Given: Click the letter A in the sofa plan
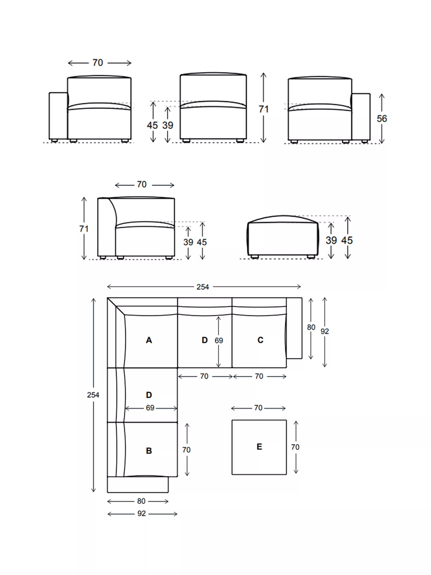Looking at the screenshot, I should click(x=149, y=340).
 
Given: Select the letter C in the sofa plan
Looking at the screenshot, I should click(x=260, y=340).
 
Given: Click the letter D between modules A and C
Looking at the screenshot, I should click(x=205, y=340).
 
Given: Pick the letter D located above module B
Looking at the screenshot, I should click(x=149, y=395).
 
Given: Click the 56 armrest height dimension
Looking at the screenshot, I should click(x=382, y=119).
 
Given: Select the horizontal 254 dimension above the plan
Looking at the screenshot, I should click(x=203, y=287).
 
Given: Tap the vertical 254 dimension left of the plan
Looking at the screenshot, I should click(x=93, y=395).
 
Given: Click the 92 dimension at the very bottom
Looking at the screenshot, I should click(x=142, y=514).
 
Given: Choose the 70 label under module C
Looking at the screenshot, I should click(x=259, y=376).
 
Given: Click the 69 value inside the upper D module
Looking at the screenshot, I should click(x=219, y=341).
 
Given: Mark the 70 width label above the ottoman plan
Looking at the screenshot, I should click(x=258, y=408).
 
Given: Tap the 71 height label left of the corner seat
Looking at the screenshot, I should click(x=84, y=229).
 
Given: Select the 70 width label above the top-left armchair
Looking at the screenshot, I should click(x=98, y=63).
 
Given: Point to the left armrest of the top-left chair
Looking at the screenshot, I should click(x=58, y=116).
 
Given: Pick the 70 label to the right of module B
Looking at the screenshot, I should click(x=186, y=450).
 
